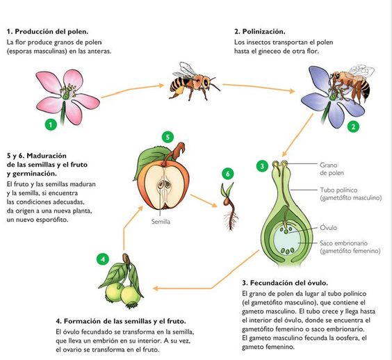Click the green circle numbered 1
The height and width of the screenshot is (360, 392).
(51, 124)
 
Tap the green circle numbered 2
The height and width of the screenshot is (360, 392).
(353, 126)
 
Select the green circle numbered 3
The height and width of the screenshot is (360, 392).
(262, 165)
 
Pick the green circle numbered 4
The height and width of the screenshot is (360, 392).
(103, 259)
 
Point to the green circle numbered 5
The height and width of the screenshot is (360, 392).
(168, 137)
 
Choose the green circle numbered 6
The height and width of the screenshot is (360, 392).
(228, 174)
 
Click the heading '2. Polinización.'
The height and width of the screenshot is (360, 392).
(260, 31)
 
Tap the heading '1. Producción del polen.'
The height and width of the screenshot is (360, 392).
(48, 31)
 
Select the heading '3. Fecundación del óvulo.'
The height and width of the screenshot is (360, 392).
(285, 283)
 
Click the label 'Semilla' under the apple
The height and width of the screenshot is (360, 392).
(161, 222)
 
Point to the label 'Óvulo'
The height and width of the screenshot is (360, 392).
(329, 228)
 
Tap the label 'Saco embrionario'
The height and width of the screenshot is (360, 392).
(344, 243)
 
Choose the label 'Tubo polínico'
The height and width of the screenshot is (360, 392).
(338, 190)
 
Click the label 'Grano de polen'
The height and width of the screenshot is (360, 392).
(332, 169)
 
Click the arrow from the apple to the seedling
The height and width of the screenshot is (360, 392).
(204, 201)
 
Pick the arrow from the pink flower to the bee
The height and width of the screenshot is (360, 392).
(133, 90)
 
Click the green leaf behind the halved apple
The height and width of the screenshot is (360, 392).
(150, 160)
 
